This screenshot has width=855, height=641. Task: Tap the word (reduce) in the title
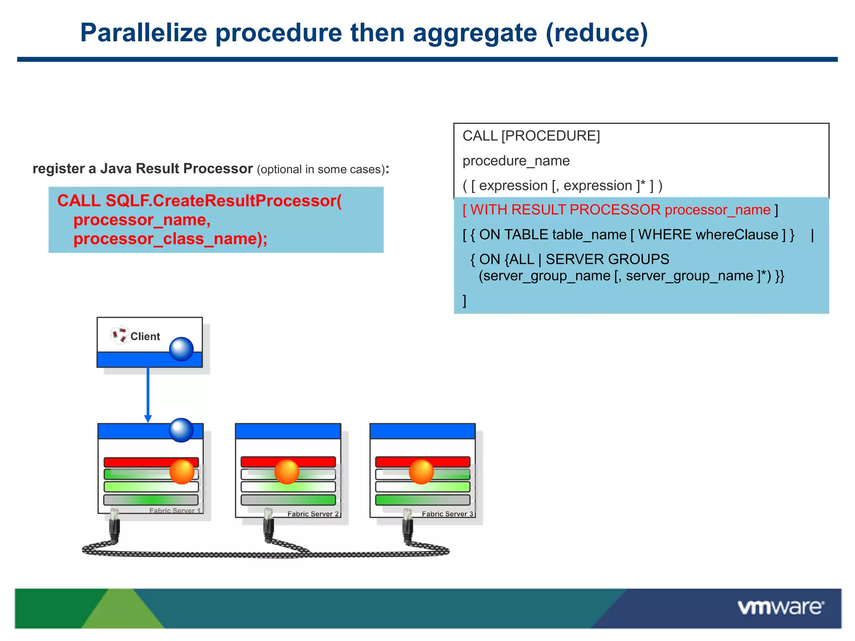[597, 33]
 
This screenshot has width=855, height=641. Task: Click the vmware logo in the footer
[781, 607]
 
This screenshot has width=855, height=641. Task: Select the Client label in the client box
[145, 336]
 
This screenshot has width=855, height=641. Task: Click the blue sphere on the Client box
[181, 349]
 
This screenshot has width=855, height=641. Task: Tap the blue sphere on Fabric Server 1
[181, 430]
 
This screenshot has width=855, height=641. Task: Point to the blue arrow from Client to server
[148, 394]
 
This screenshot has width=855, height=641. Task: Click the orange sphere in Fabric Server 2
[287, 472]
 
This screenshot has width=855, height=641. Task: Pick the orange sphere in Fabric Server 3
[421, 472]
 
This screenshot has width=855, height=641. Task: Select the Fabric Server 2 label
[313, 514]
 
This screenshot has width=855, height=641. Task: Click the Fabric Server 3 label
[447, 514]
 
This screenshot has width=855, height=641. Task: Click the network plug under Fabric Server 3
[407, 528]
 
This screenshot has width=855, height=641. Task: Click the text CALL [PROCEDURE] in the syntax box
[531, 136]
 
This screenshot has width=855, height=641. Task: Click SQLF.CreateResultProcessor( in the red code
[223, 201]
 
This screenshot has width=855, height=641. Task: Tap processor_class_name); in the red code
[170, 239]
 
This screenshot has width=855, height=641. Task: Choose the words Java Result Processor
[176, 169]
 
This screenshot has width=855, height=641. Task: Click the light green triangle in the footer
[122, 613]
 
